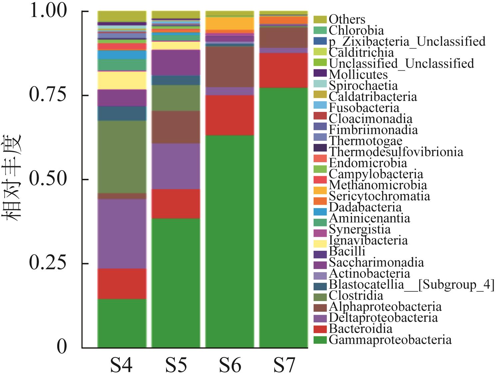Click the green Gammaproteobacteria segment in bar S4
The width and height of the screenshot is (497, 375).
(122, 323)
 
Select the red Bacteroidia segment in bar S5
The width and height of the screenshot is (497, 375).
(176, 203)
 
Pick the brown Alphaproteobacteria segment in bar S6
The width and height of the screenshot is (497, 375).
(230, 67)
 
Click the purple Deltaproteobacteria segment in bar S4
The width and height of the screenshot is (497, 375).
(122, 233)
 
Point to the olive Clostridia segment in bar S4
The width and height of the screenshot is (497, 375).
(122, 157)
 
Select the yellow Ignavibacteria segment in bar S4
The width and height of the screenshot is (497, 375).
(122, 80)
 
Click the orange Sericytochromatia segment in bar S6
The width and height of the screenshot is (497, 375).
(230, 23)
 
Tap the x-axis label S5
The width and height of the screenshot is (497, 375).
(176, 365)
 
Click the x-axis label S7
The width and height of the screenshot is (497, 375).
(284, 365)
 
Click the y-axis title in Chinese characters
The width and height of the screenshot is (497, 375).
(13, 177)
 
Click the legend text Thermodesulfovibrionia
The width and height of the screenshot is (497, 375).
(396, 152)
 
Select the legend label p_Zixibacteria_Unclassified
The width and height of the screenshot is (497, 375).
(407, 41)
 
